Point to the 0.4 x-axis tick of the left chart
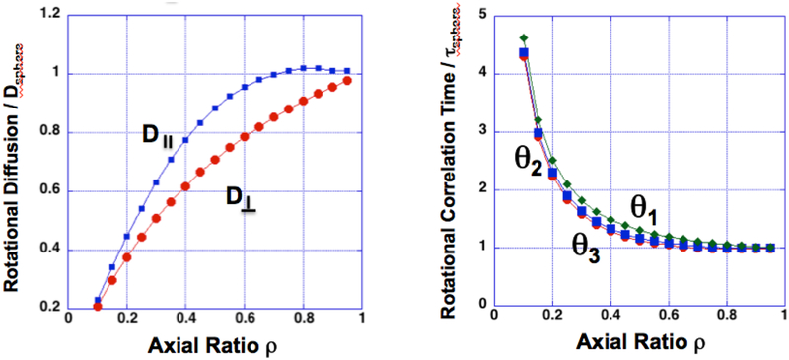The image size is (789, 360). pos(185,317)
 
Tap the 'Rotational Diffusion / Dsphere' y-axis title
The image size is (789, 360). pos(17,161)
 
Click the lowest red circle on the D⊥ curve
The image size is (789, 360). pos(97,306)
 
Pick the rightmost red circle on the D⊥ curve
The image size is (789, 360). pos(346,80)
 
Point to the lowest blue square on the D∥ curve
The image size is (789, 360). pos(97,300)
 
